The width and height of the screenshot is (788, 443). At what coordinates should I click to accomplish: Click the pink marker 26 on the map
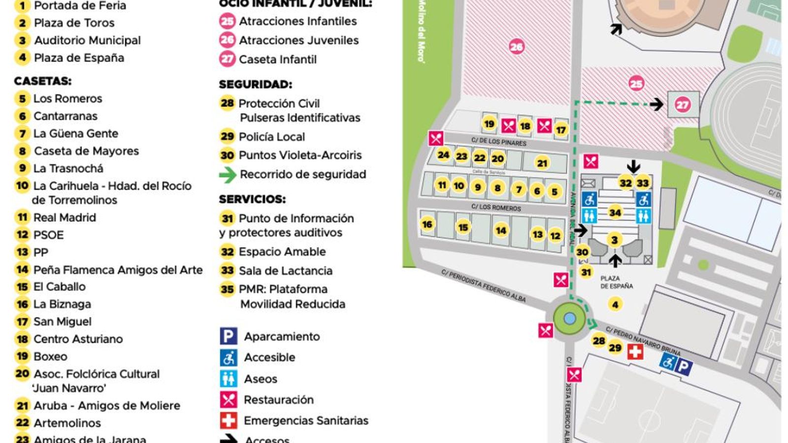[x=516, y=47]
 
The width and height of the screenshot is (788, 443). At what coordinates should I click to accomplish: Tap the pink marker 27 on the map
[x=682, y=104]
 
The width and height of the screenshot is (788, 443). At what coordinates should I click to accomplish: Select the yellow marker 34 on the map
[x=615, y=212]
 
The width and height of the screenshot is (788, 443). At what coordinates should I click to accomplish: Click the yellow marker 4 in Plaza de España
[x=615, y=304]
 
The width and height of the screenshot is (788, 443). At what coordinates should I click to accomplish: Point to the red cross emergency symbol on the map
[x=635, y=351]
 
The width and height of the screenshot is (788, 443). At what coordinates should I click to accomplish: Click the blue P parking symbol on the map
[x=683, y=367]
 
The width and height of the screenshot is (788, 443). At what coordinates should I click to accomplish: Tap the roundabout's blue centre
[x=569, y=318]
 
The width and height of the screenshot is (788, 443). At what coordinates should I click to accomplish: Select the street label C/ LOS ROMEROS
[x=496, y=208]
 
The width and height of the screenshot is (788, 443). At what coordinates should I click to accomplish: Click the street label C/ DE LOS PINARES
[x=498, y=142]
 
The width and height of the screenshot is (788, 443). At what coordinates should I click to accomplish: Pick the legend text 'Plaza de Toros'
[x=74, y=23]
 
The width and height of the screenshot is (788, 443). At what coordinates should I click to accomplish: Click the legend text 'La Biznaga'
[x=62, y=304]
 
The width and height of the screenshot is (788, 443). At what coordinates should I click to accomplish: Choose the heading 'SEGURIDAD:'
[x=255, y=84]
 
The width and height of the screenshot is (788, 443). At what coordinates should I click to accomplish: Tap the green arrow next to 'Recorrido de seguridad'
[x=228, y=174]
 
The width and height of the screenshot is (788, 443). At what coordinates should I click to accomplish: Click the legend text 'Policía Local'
[x=271, y=137]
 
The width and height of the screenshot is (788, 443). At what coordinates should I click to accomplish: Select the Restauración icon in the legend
[x=228, y=399]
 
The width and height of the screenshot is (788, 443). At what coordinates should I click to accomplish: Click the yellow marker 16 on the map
[x=427, y=224]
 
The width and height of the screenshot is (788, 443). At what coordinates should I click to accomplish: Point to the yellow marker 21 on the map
[x=542, y=163]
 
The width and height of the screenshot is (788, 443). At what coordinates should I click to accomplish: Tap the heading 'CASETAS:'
[x=42, y=81]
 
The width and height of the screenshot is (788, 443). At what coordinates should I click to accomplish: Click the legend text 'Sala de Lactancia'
[x=285, y=271]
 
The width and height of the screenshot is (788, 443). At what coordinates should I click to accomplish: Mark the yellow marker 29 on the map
[x=615, y=348]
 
